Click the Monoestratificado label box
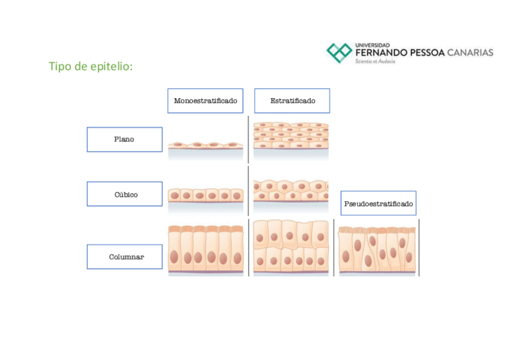click(x=205, y=101)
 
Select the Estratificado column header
click(x=292, y=101)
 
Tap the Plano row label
click(x=124, y=139)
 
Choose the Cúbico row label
click(x=124, y=194)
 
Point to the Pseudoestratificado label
click(x=378, y=204)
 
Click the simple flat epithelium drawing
click(x=205, y=146)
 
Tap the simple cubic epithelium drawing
click(x=205, y=195)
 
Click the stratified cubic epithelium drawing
click(x=290, y=191)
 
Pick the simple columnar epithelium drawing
click(x=205, y=250)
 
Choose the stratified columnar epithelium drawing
click(x=290, y=248)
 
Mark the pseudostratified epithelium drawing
click(x=377, y=250)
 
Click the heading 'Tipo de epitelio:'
click(x=90, y=66)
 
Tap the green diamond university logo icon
click(x=339, y=53)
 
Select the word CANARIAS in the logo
click(x=470, y=53)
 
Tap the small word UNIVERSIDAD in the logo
click(x=372, y=45)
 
